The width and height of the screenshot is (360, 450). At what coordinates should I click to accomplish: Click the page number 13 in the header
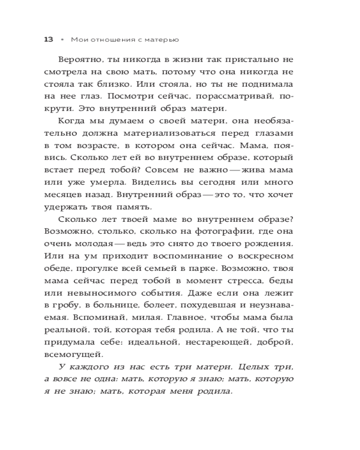[49, 39]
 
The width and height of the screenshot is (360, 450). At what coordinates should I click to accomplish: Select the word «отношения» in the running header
[111, 40]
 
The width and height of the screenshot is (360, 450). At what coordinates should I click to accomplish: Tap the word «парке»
[193, 268]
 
